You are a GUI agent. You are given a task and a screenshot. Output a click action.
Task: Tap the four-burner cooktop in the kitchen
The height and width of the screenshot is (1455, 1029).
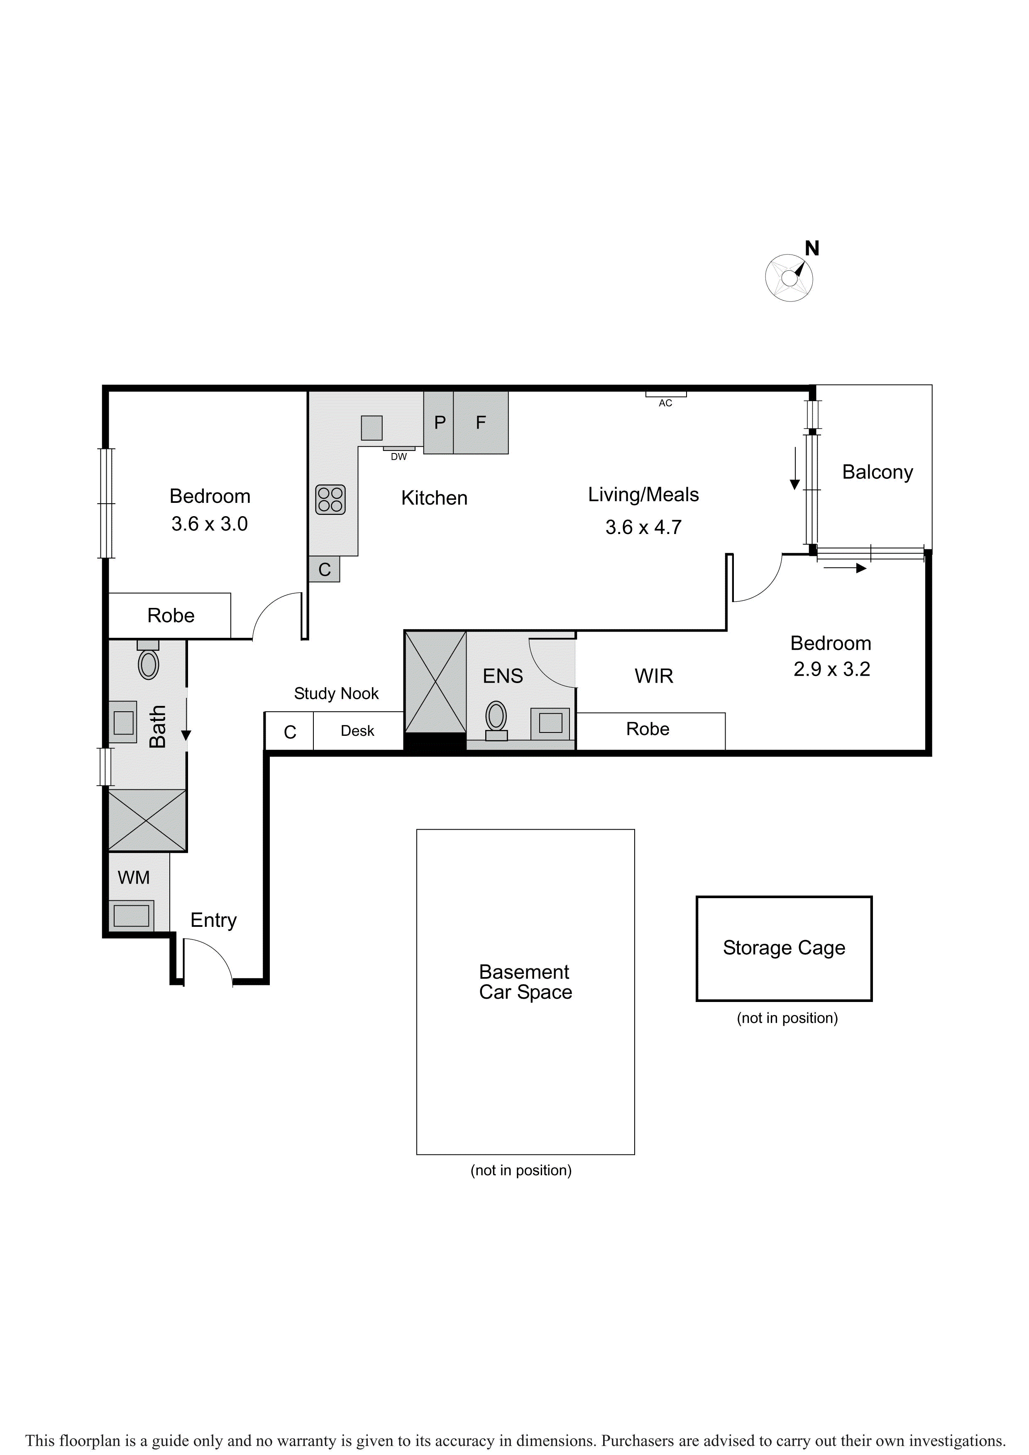[x=330, y=500]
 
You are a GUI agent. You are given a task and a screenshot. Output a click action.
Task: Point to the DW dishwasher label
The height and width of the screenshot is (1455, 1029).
[x=398, y=456]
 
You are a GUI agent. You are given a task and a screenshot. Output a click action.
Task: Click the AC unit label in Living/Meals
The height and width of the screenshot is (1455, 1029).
[x=665, y=403]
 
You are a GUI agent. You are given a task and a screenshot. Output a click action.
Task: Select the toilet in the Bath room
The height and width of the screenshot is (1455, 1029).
[x=148, y=660]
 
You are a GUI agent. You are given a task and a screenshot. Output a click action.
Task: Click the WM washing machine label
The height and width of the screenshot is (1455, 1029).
[x=134, y=878]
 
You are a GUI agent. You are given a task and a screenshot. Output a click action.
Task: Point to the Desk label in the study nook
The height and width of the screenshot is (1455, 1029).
[x=357, y=731]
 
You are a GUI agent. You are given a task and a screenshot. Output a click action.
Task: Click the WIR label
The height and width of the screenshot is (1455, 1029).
[x=654, y=676]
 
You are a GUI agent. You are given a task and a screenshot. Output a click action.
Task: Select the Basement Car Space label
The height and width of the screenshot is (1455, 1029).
[x=525, y=982]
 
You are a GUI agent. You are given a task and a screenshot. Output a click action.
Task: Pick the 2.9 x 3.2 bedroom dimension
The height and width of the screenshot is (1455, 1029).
[x=831, y=669]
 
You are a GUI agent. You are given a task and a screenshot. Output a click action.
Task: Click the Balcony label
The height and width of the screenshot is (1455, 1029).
[x=877, y=472]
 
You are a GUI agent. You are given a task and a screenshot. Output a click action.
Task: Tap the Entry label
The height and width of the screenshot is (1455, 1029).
[x=213, y=920]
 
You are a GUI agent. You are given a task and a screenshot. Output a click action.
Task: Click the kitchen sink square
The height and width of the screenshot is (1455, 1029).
[x=372, y=428]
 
